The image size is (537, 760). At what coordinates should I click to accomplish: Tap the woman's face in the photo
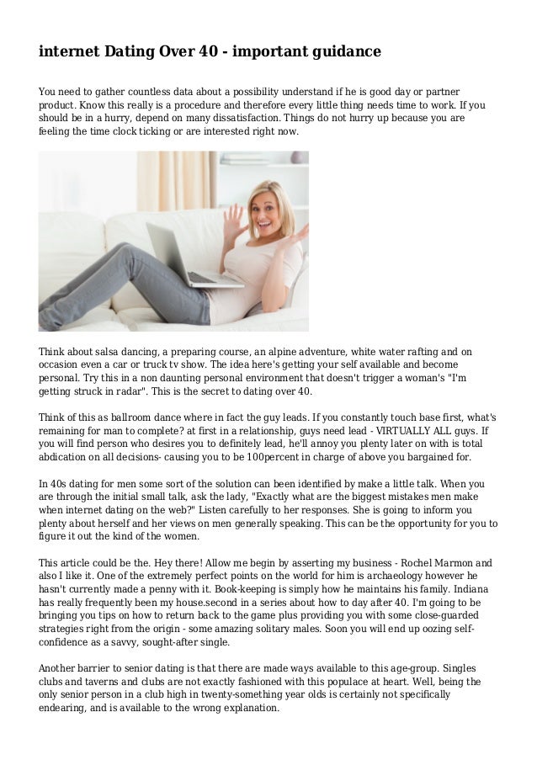click(272, 205)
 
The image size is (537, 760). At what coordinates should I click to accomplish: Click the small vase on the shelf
click(297, 157)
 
